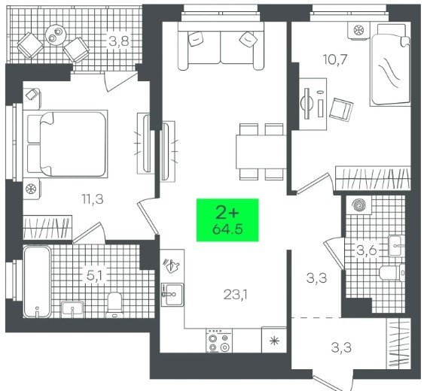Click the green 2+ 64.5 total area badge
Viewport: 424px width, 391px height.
[x=227, y=220]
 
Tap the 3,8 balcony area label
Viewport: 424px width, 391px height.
[x=120, y=41]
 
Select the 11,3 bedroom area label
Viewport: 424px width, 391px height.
[x=93, y=199]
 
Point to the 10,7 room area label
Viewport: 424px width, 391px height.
[x=335, y=59]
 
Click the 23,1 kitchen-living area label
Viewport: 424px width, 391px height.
[x=236, y=295]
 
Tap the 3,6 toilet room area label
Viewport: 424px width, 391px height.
[x=367, y=250]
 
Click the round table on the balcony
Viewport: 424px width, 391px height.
[x=56, y=35]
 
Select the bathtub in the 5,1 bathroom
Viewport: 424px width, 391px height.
[x=37, y=281]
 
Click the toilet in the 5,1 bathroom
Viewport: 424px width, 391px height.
[x=114, y=305]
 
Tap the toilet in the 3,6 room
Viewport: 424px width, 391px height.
[x=392, y=273]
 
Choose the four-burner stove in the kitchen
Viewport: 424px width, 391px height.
[x=219, y=341]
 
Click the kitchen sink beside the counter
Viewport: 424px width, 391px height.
[x=172, y=294]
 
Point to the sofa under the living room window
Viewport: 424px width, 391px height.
[x=221, y=46]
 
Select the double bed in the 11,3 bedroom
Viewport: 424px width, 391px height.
[x=66, y=144]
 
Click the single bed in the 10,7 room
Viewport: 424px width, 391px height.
[x=390, y=65]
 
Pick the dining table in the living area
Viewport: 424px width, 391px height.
[x=261, y=152]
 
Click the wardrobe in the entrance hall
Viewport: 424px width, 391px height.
[x=398, y=343]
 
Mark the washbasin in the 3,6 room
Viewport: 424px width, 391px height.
[x=397, y=246]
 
